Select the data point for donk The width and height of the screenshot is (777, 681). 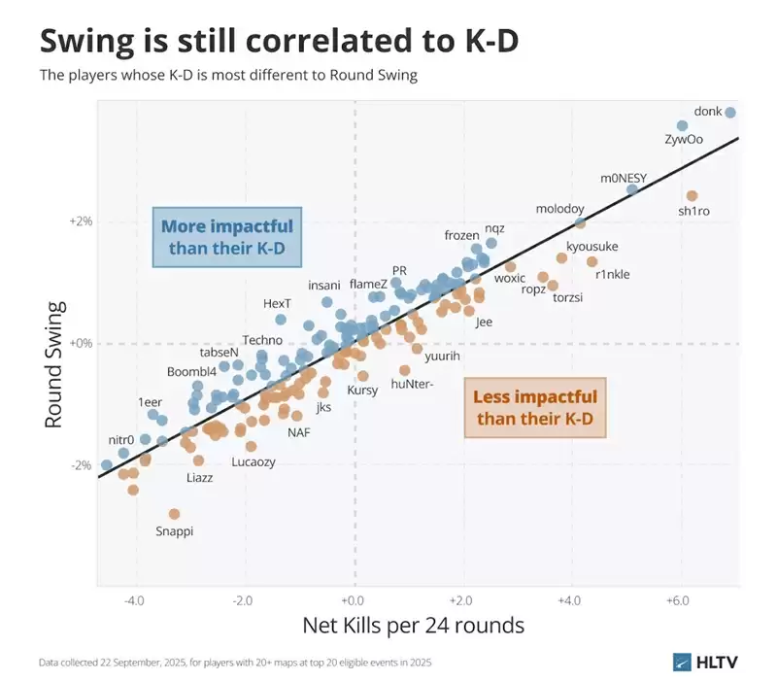click(730, 113)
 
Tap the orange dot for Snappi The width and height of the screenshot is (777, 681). click(174, 514)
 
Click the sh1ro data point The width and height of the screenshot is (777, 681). click(692, 195)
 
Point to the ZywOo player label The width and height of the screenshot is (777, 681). click(684, 140)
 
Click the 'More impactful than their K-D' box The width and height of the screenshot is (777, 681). click(226, 237)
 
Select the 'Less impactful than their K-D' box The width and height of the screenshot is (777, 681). click(534, 408)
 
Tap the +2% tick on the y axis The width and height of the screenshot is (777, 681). click(81, 221)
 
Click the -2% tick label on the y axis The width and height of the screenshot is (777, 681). click(81, 465)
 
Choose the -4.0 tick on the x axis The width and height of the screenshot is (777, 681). click(134, 601)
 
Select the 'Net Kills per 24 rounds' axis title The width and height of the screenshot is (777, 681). click(414, 626)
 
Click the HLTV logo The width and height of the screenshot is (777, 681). click(706, 662)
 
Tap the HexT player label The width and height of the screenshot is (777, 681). click(277, 304)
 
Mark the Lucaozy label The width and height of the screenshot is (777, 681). click(253, 462)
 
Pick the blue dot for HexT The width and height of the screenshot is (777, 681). click(281, 320)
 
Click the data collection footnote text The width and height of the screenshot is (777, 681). click(235, 663)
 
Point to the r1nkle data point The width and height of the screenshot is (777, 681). click(591, 261)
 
